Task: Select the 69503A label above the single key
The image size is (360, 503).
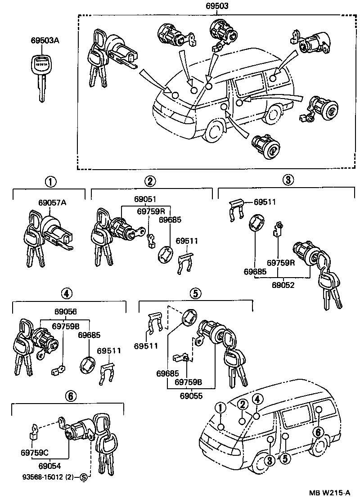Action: pyautogui.click(x=45, y=41)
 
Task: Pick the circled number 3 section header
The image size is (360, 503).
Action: pyautogui.click(x=288, y=180)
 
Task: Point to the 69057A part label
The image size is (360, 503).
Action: pyautogui.click(x=52, y=203)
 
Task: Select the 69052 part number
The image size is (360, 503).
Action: pyautogui.click(x=283, y=285)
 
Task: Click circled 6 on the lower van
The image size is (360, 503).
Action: pyautogui.click(x=318, y=431)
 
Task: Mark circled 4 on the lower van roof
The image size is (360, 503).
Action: pyautogui.click(x=257, y=399)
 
